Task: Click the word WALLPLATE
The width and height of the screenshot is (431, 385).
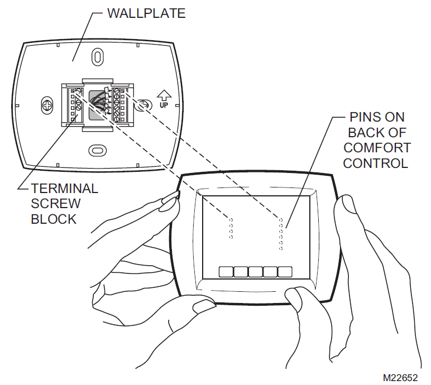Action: (x=146, y=13)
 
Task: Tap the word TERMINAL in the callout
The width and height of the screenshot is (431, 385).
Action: (x=65, y=189)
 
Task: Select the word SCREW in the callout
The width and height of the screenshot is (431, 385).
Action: (x=56, y=204)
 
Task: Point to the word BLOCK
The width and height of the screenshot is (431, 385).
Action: (x=54, y=219)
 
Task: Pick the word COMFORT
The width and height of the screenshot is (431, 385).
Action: (x=377, y=148)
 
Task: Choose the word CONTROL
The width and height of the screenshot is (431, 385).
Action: (x=376, y=163)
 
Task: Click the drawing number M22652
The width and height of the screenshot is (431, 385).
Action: (x=400, y=378)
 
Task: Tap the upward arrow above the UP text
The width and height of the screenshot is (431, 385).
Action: (x=164, y=95)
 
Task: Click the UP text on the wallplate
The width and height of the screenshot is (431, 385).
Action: (x=164, y=105)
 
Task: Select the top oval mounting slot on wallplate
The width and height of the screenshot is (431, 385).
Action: (x=97, y=57)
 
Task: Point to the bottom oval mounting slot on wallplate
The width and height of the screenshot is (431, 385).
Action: (x=98, y=150)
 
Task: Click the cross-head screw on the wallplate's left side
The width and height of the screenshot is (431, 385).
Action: (x=47, y=105)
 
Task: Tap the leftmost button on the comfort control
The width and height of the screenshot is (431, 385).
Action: (x=226, y=272)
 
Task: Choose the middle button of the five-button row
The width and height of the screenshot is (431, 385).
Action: (x=255, y=272)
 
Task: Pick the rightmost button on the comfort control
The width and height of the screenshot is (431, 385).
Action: (x=285, y=272)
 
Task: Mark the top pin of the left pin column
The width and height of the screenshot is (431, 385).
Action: (x=231, y=220)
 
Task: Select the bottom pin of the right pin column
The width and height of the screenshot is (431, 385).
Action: (x=281, y=248)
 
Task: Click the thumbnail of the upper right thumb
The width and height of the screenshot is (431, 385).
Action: (x=346, y=204)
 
